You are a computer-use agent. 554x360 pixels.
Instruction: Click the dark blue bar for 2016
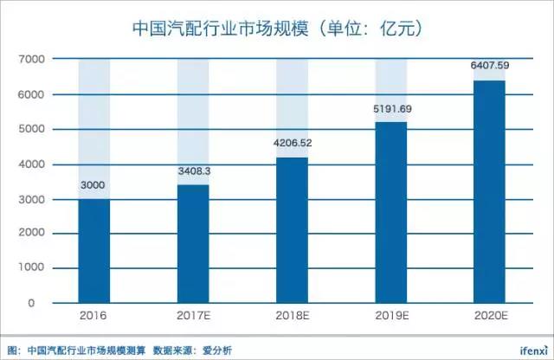click(x=93, y=251)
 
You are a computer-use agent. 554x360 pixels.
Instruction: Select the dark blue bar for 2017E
click(x=193, y=244)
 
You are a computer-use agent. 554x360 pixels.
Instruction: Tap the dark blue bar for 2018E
click(x=292, y=230)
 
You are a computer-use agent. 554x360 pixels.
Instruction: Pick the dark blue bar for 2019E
click(x=390, y=213)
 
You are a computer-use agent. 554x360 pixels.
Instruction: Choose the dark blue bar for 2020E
click(x=489, y=192)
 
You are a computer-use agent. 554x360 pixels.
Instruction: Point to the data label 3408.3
click(x=193, y=171)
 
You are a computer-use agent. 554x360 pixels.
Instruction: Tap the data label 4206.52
click(x=292, y=144)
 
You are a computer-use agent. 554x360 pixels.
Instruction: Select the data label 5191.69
click(x=390, y=109)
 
